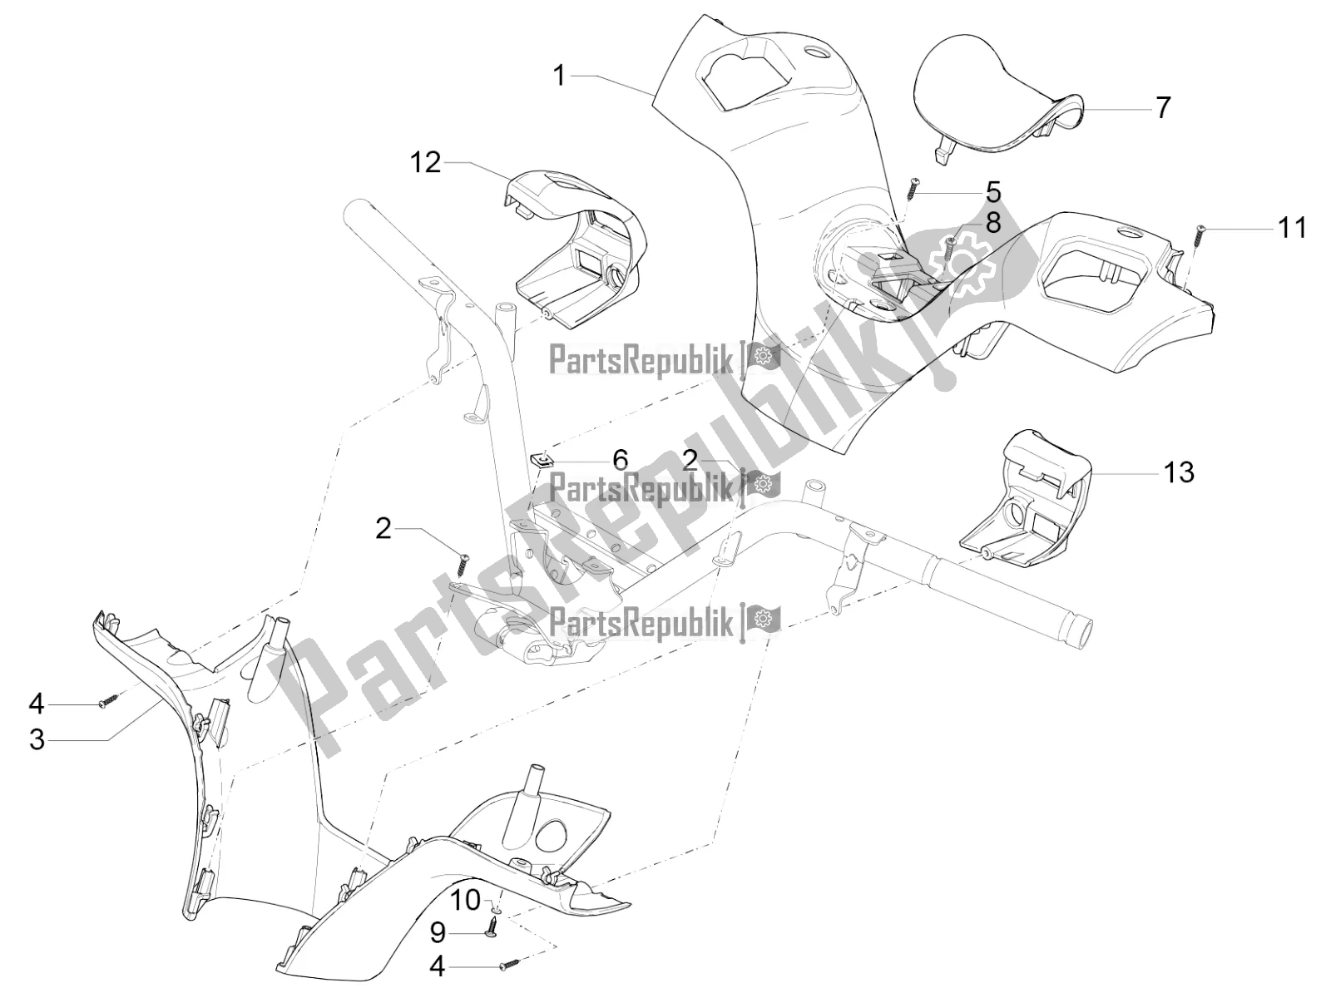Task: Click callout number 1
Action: click(559, 77)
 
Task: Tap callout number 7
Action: click(1162, 108)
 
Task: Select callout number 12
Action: click(425, 162)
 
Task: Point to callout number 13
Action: click(1179, 472)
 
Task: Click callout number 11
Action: click(1292, 229)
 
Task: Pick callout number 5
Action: click(992, 192)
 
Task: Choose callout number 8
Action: click(992, 223)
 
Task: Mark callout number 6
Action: click(620, 460)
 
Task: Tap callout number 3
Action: click(37, 740)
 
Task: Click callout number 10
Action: click(465, 901)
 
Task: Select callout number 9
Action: click(438, 933)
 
